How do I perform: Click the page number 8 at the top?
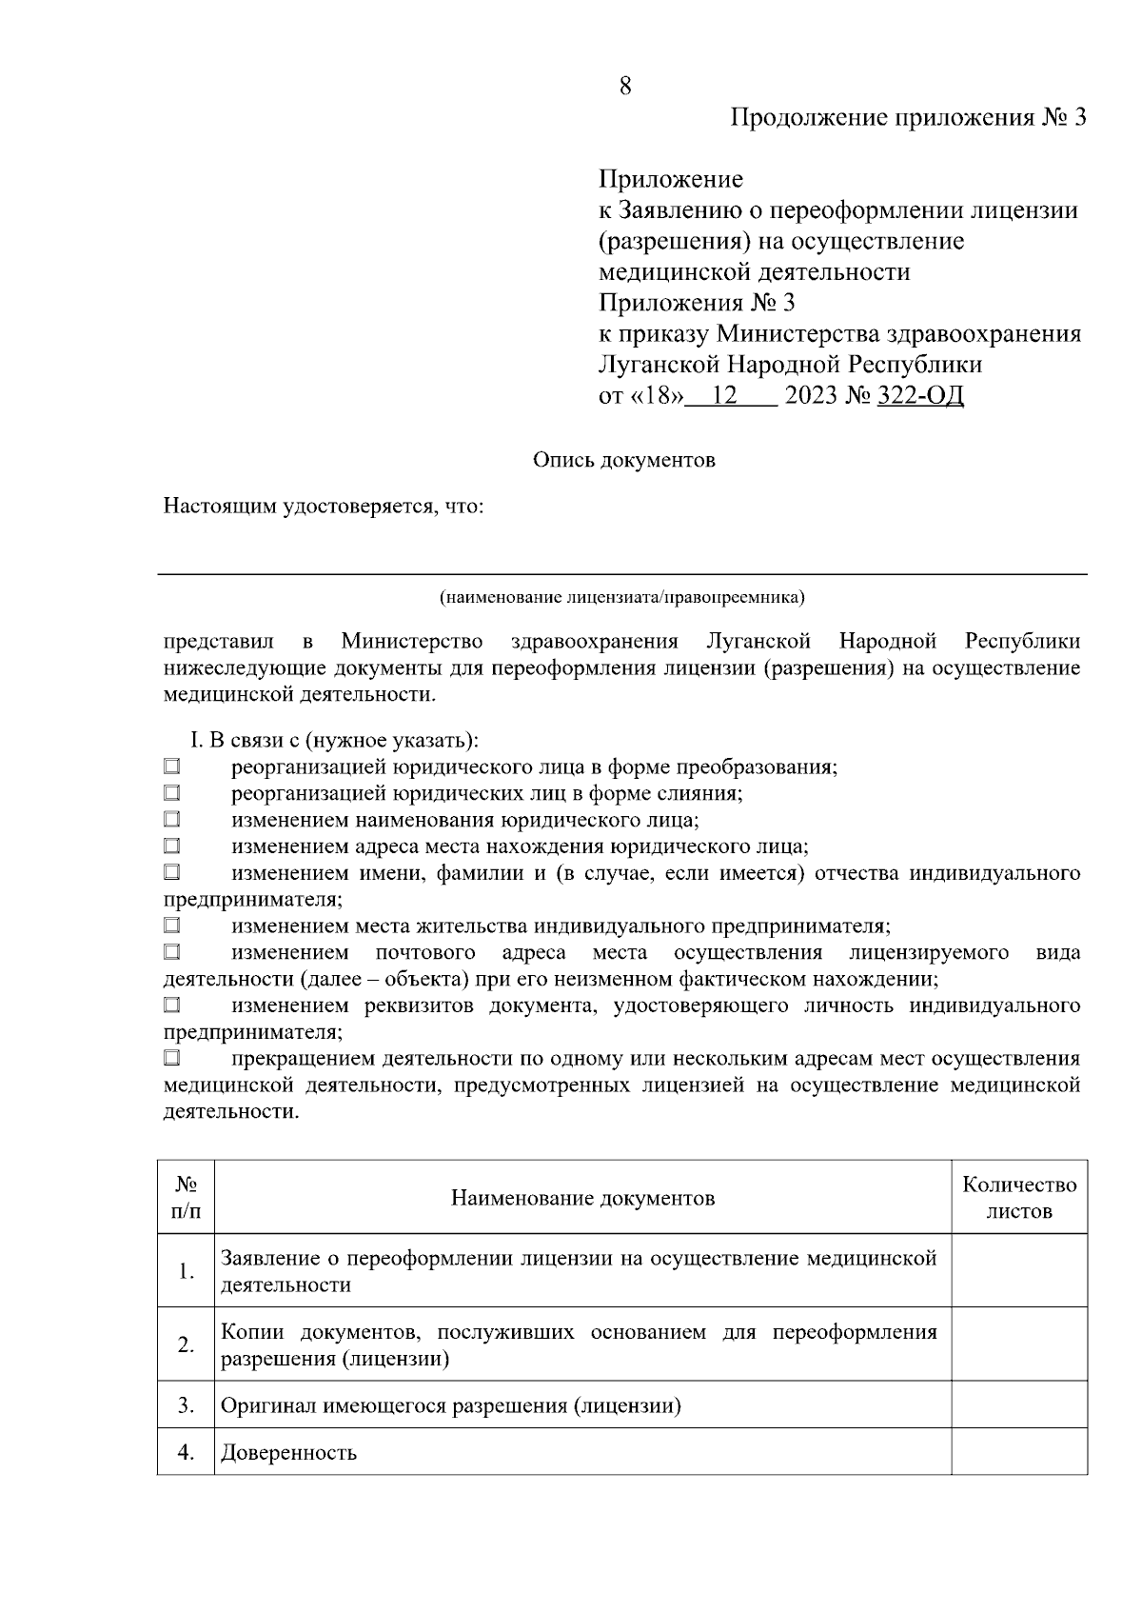624,87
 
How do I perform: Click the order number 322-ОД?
919,395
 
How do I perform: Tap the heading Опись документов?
623,461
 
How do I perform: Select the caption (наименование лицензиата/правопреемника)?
622,598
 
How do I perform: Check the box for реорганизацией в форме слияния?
171,792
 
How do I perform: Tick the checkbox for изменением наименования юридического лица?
171,818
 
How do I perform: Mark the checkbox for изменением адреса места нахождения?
171,845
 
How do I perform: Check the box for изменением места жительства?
171,925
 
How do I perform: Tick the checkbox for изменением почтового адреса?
171,951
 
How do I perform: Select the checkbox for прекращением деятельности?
171,1058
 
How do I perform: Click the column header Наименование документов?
582,1198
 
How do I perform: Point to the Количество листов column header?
1019,1198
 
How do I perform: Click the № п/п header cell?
187,1198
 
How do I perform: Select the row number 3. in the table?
187,1405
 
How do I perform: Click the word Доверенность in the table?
289,1453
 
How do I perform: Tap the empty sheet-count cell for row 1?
1019,1271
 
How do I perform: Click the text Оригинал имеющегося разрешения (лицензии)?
451,1405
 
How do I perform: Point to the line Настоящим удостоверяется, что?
325,506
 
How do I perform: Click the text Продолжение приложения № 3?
908,118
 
